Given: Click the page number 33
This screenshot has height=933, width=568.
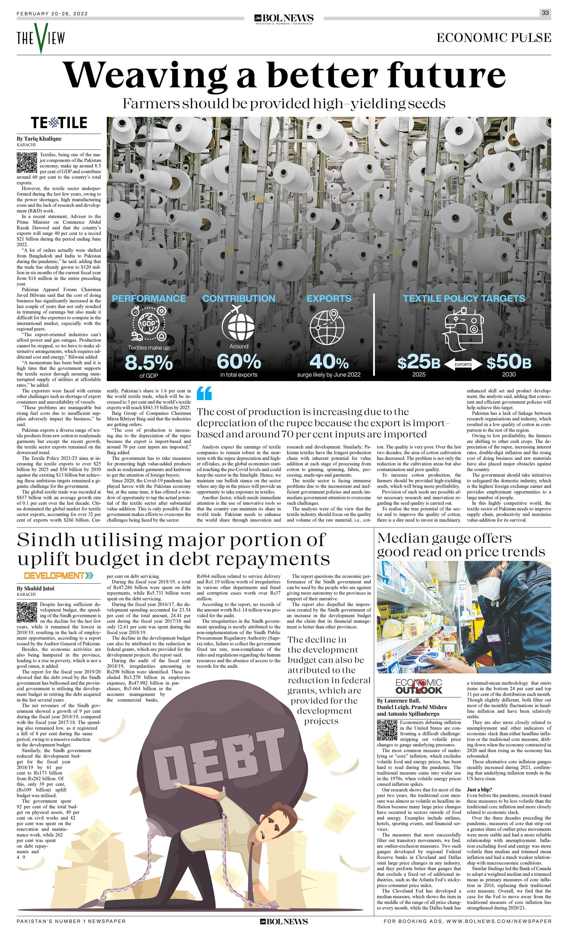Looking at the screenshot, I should (x=545, y=13).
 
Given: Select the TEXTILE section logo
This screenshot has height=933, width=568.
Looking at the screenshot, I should (x=59, y=123).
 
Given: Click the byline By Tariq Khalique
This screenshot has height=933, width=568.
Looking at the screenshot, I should (x=39, y=139).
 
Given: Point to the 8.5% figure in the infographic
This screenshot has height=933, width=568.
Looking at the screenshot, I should (x=149, y=363).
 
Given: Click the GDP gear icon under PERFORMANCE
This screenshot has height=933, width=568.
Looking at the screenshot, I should (x=149, y=324).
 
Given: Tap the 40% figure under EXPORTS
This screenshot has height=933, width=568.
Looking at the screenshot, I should (x=329, y=362).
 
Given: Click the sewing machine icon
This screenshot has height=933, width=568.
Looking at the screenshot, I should (x=463, y=329).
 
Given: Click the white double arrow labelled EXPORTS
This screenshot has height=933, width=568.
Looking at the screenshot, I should (x=463, y=365).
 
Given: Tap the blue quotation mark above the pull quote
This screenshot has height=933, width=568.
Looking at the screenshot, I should (x=204, y=393).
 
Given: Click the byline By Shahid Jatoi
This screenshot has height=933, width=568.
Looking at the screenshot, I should (x=36, y=588).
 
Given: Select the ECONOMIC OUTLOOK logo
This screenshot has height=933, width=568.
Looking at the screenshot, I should (x=419, y=687).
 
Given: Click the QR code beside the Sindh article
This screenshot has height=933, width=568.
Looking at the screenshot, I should (x=27, y=612).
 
